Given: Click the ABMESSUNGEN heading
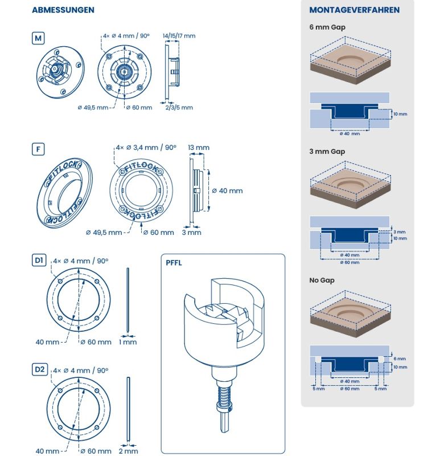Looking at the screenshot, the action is (63, 10).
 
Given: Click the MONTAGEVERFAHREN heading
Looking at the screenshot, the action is (354, 10).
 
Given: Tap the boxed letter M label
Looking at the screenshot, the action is (38, 38).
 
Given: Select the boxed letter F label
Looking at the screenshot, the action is (38, 149).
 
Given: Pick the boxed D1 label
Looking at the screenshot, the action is (39, 260).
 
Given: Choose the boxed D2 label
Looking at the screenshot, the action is (39, 369).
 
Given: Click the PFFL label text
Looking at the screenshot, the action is (174, 263).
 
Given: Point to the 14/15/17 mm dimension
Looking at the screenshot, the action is (179, 36).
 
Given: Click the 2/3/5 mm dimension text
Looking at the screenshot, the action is (179, 107).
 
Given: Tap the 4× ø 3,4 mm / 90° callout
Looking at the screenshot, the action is (146, 148).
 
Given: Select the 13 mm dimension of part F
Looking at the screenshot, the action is (199, 148).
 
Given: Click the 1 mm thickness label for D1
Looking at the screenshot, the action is (128, 342).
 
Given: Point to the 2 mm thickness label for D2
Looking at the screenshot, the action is (129, 451).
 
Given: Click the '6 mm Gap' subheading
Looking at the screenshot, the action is (327, 27).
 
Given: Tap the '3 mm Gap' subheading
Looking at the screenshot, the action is (327, 152).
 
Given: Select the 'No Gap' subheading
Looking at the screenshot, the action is (322, 280).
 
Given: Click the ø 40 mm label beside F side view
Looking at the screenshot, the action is (227, 191).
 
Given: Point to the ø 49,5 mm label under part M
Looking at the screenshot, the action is (93, 108).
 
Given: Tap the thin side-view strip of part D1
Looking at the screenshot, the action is (128, 300).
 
